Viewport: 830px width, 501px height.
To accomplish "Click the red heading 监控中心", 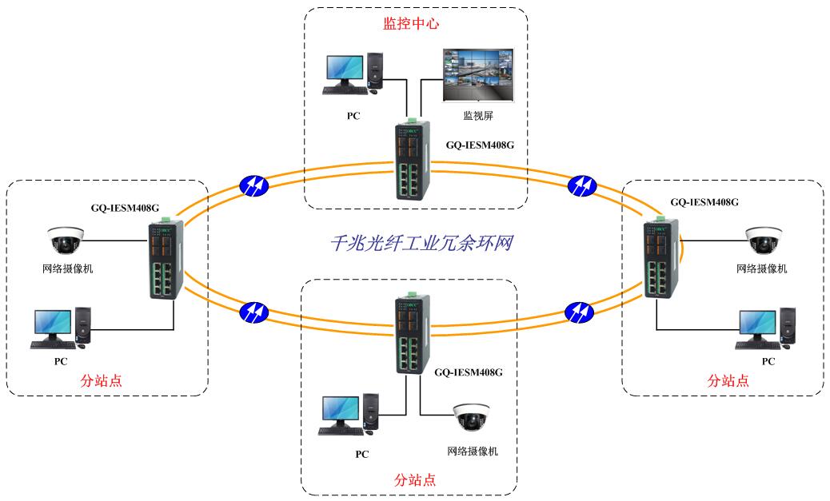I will point(411,24).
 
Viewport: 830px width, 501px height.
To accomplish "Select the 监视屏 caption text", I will point(477,116).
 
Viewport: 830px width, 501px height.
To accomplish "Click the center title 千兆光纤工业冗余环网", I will point(421,242).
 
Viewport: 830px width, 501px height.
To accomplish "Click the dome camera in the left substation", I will point(66,240).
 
